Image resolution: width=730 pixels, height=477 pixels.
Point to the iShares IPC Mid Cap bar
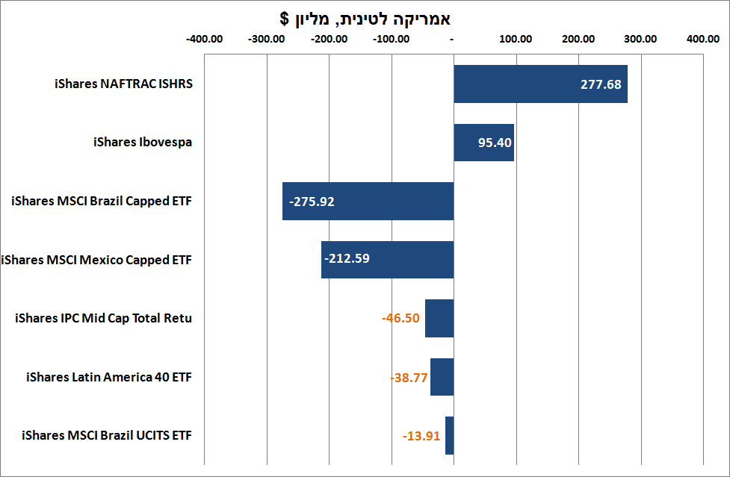point(439,318)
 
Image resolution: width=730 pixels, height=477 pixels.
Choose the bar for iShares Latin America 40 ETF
point(442,377)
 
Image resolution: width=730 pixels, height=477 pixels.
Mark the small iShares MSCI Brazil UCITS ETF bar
point(449,435)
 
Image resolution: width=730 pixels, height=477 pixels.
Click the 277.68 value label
point(601,84)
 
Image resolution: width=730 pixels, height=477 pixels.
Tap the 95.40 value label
point(495,143)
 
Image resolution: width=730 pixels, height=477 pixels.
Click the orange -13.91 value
point(421,436)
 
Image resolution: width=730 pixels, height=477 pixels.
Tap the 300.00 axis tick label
point(639,40)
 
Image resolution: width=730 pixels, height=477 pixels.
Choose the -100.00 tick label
point(391,40)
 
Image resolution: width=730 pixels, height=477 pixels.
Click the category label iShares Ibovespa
point(143,142)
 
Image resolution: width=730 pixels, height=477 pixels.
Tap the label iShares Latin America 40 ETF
point(109,377)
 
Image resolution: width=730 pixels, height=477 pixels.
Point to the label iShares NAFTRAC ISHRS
point(123,84)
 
